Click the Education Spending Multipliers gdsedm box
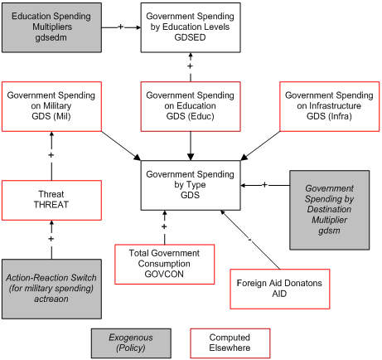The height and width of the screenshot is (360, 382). (x=51, y=27)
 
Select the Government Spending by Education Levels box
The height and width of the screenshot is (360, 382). (x=191, y=27)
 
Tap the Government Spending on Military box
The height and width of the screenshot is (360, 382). (x=51, y=106)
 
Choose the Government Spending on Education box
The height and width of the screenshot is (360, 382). (x=191, y=106)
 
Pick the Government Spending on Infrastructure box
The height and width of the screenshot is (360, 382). (x=330, y=106)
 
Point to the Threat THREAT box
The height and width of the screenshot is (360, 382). (x=51, y=199)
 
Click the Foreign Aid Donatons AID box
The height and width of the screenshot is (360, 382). (x=278, y=289)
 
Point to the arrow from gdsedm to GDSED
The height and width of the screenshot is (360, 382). (x=121, y=27)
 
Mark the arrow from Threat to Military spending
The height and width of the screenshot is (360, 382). (x=51, y=156)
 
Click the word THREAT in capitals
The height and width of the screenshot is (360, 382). (x=51, y=205)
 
